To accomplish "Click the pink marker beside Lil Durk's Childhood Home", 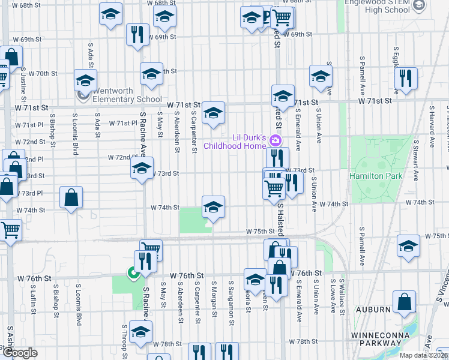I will click(x=276, y=141).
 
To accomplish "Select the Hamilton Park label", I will click(x=376, y=176).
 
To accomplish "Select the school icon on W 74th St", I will click(x=213, y=207).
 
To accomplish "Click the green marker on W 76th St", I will click(x=132, y=274).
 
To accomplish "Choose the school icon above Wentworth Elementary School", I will click(x=86, y=80).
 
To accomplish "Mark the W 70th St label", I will click(x=44, y=74).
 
